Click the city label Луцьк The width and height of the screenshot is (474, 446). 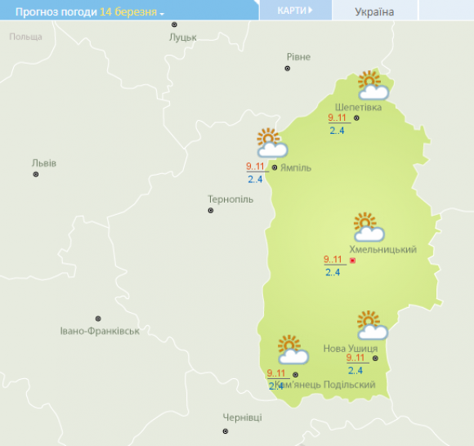pyautogui.click(x=182, y=38)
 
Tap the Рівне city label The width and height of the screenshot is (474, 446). pyautogui.click(x=298, y=56)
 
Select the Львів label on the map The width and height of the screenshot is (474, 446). pyautogui.click(x=43, y=163)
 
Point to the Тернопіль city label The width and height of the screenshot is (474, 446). pyautogui.click(x=230, y=199)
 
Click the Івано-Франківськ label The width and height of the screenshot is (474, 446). pyautogui.click(x=100, y=331)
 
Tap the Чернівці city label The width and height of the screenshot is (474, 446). pyautogui.click(x=243, y=417)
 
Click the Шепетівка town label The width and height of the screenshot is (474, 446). pyautogui.click(x=358, y=107)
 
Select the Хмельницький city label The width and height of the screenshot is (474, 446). pyautogui.click(x=382, y=249)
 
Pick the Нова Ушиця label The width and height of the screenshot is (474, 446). pyautogui.click(x=351, y=348)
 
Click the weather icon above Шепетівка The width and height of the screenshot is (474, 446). pyautogui.click(x=372, y=85)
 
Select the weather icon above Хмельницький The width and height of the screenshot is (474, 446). pyautogui.click(x=368, y=227)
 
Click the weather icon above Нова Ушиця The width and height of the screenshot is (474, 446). pyautogui.click(x=372, y=325)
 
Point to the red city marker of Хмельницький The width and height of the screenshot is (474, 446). pyautogui.click(x=352, y=261)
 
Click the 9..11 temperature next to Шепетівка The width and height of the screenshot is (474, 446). pyautogui.click(x=337, y=118)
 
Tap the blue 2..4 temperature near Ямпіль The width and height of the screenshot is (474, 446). pyautogui.click(x=254, y=180)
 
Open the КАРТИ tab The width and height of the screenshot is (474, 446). pyautogui.click(x=295, y=11)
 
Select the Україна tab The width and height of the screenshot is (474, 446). pyautogui.click(x=374, y=11)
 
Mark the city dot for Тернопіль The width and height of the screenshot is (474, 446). pyautogui.click(x=211, y=210)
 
